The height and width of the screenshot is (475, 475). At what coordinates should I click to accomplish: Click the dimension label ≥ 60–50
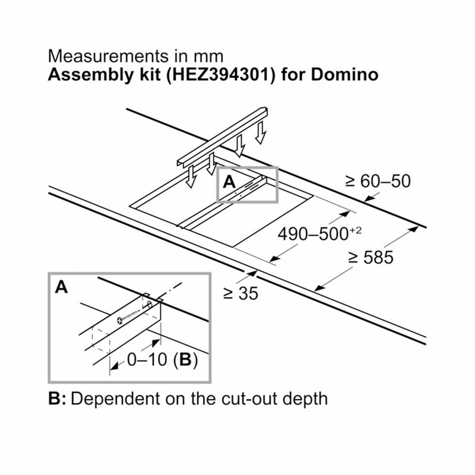(x=378, y=181)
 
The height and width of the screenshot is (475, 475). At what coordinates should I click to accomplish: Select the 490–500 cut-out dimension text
(x=313, y=234)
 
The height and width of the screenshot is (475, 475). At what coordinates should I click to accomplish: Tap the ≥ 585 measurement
(x=370, y=258)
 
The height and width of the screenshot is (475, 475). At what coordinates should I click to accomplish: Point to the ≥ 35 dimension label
(x=241, y=293)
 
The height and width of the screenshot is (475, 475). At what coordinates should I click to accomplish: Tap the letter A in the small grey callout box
(x=229, y=182)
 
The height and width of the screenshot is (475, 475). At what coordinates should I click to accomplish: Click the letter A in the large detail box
(x=62, y=287)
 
